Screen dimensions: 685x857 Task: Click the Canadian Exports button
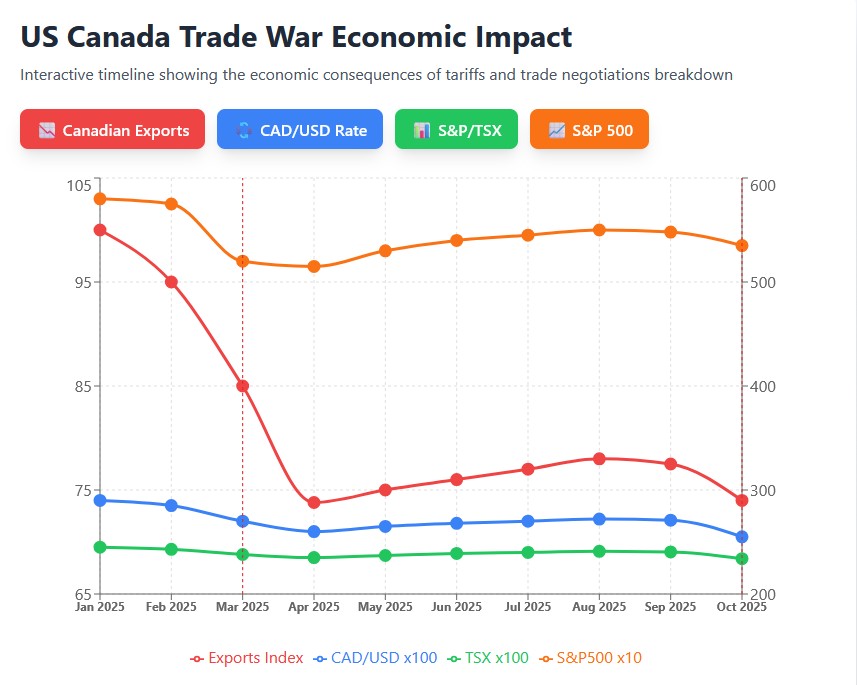(x=112, y=130)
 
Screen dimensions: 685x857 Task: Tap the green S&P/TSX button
(x=456, y=130)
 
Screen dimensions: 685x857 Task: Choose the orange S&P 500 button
(x=589, y=130)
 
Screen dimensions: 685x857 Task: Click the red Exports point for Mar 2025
(x=242, y=386)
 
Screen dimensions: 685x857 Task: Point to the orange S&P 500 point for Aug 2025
(x=599, y=230)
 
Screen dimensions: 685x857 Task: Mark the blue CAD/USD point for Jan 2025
(x=100, y=500)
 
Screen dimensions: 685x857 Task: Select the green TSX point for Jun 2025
(x=456, y=553)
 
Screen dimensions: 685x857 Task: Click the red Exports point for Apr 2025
(x=314, y=503)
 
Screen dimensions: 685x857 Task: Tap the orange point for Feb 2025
(x=171, y=204)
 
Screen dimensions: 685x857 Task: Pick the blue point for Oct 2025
(x=742, y=537)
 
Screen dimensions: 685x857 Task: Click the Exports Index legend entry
(x=247, y=658)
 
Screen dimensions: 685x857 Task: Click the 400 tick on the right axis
(x=762, y=386)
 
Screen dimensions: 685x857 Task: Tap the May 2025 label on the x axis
(x=385, y=607)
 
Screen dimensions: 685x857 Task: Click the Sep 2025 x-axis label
(x=670, y=607)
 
